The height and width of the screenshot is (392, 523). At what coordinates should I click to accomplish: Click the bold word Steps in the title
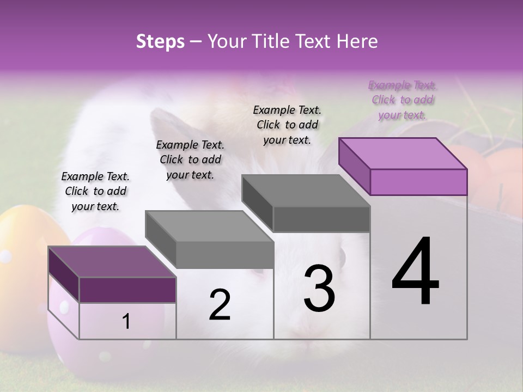pyautogui.click(x=160, y=41)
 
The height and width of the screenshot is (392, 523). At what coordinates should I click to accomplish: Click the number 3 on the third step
pyautogui.click(x=319, y=288)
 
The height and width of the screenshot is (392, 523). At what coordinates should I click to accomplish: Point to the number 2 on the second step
pyautogui.click(x=220, y=305)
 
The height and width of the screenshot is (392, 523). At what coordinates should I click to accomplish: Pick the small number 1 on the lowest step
pyautogui.click(x=126, y=321)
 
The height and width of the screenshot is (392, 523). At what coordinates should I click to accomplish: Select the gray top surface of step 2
pyautogui.click(x=210, y=226)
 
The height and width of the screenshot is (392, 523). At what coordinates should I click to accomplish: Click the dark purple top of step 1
pyautogui.click(x=112, y=262)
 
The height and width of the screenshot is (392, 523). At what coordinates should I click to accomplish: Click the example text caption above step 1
pyautogui.click(x=95, y=191)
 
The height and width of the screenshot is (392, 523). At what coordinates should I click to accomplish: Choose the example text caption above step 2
pyautogui.click(x=190, y=160)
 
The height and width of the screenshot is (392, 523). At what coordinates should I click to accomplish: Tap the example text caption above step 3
pyautogui.click(x=287, y=125)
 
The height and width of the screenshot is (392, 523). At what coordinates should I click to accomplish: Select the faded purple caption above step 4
pyautogui.click(x=402, y=100)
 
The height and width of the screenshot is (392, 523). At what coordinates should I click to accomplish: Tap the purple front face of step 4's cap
pyautogui.click(x=418, y=182)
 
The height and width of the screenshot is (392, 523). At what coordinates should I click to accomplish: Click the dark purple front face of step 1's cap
pyautogui.click(x=127, y=290)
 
